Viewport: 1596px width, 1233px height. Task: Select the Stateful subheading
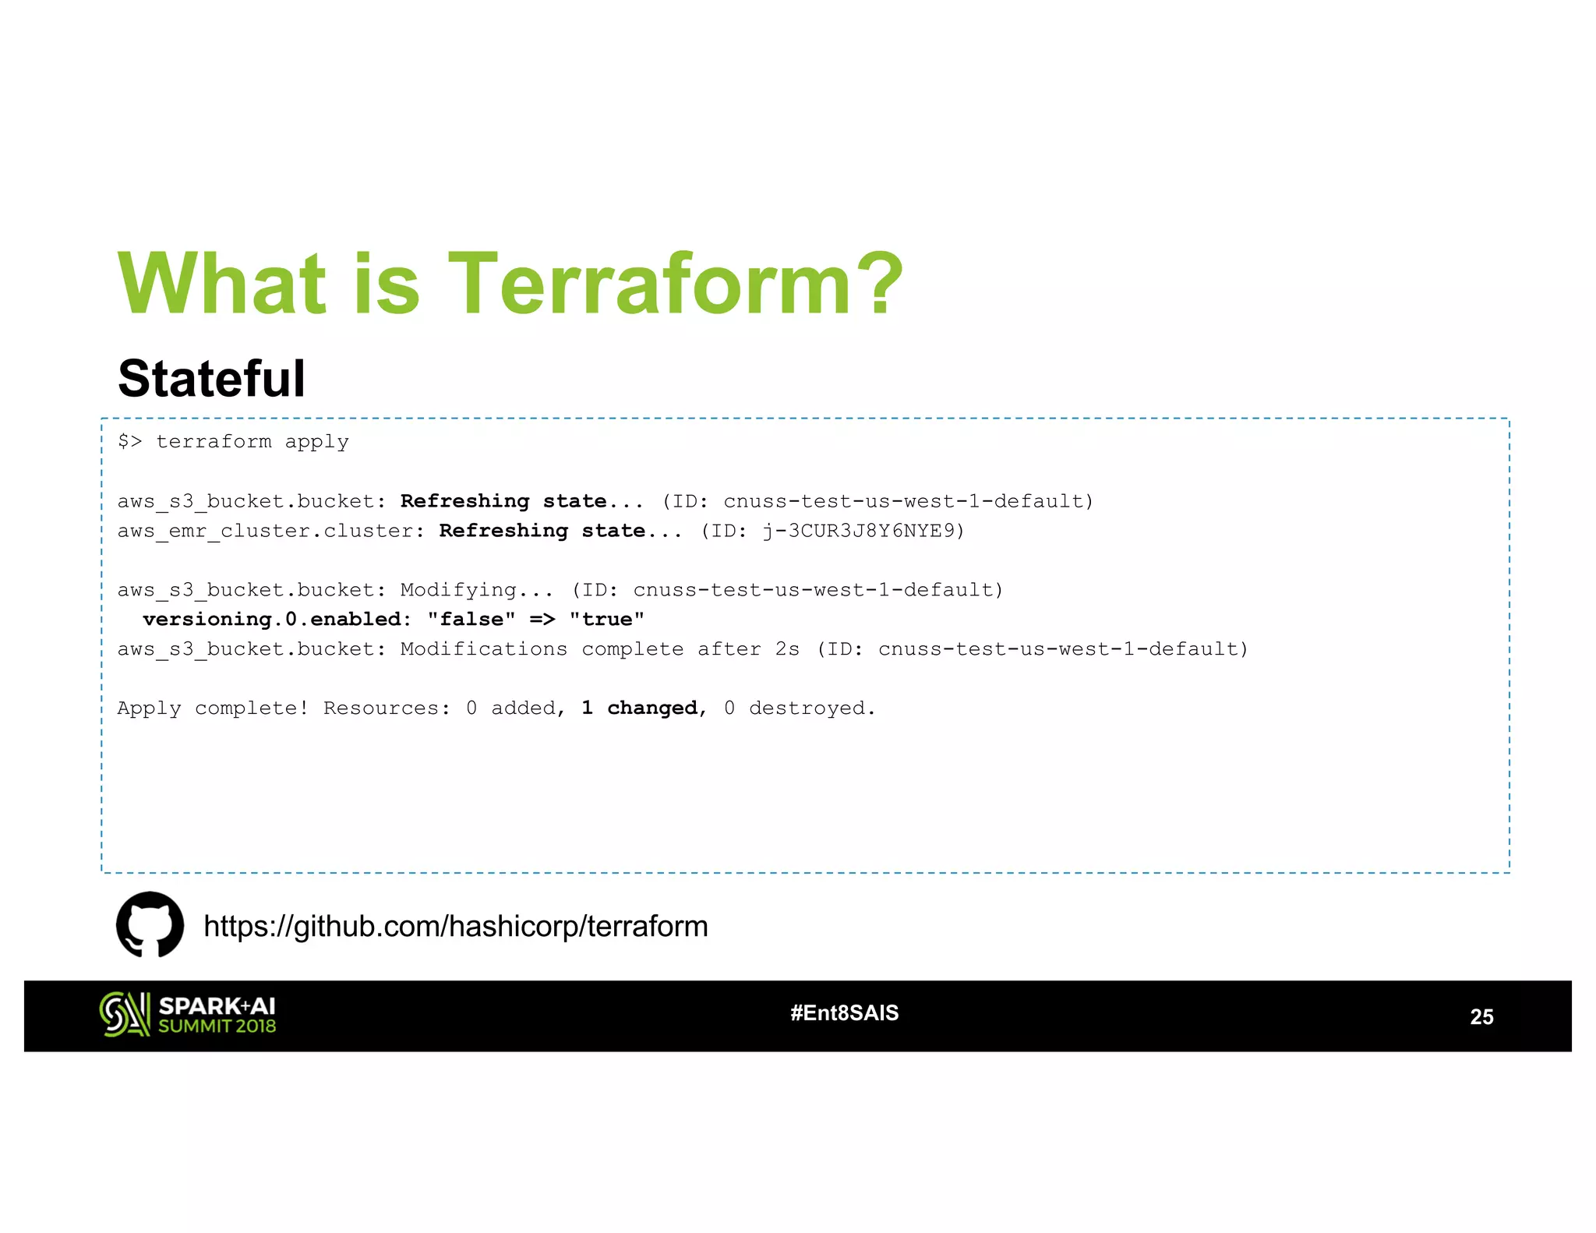(211, 379)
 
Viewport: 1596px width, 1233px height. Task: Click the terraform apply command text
(252, 442)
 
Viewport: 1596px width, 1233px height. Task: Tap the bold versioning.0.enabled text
(277, 620)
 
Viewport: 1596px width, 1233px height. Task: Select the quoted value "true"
(606, 620)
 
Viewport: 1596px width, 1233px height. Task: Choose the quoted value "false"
(471, 620)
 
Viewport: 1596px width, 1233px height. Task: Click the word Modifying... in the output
(476, 590)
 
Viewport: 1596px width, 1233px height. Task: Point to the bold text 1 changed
(639, 708)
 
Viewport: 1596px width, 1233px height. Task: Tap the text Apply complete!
(213, 708)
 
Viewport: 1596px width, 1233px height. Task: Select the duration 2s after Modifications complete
(787, 649)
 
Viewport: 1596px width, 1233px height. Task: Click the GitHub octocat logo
(150, 925)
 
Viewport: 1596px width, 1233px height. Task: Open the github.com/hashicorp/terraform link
(456, 927)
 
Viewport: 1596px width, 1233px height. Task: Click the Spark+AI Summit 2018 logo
(188, 1015)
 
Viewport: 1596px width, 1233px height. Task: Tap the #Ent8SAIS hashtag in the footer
(844, 1013)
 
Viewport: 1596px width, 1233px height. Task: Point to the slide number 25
(1481, 1017)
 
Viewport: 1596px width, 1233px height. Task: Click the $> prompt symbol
(129, 442)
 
